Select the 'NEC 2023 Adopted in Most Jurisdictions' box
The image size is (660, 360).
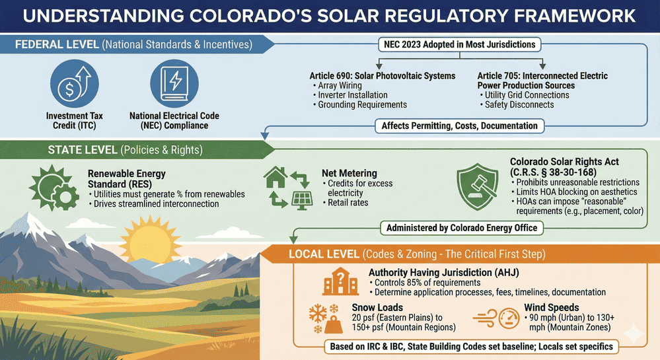pos(460,45)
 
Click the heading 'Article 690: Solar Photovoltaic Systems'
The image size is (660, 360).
pos(383,76)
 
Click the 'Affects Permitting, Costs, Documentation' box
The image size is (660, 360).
pos(459,126)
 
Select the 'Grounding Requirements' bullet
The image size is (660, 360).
pos(362,104)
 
